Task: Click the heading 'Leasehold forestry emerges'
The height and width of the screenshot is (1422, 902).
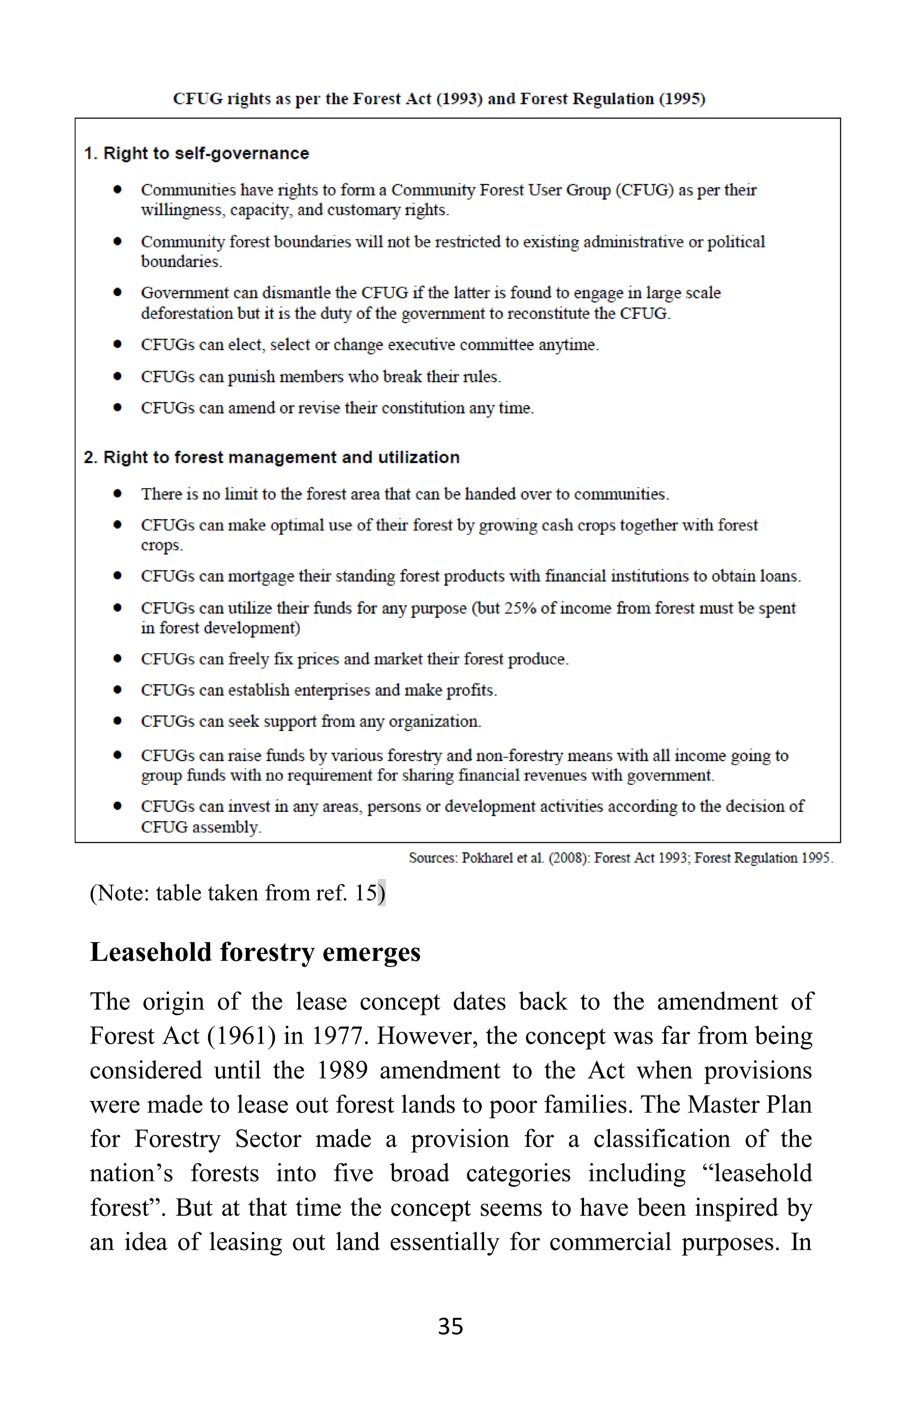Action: (255, 952)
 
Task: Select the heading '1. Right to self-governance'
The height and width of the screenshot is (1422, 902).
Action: (196, 154)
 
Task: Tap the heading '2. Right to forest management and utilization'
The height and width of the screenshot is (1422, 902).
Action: (272, 457)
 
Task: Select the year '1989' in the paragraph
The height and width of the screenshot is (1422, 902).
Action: (342, 1070)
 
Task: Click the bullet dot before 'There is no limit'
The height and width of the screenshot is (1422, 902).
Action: (118, 494)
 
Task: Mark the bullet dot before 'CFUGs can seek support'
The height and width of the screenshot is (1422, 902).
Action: (118, 721)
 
